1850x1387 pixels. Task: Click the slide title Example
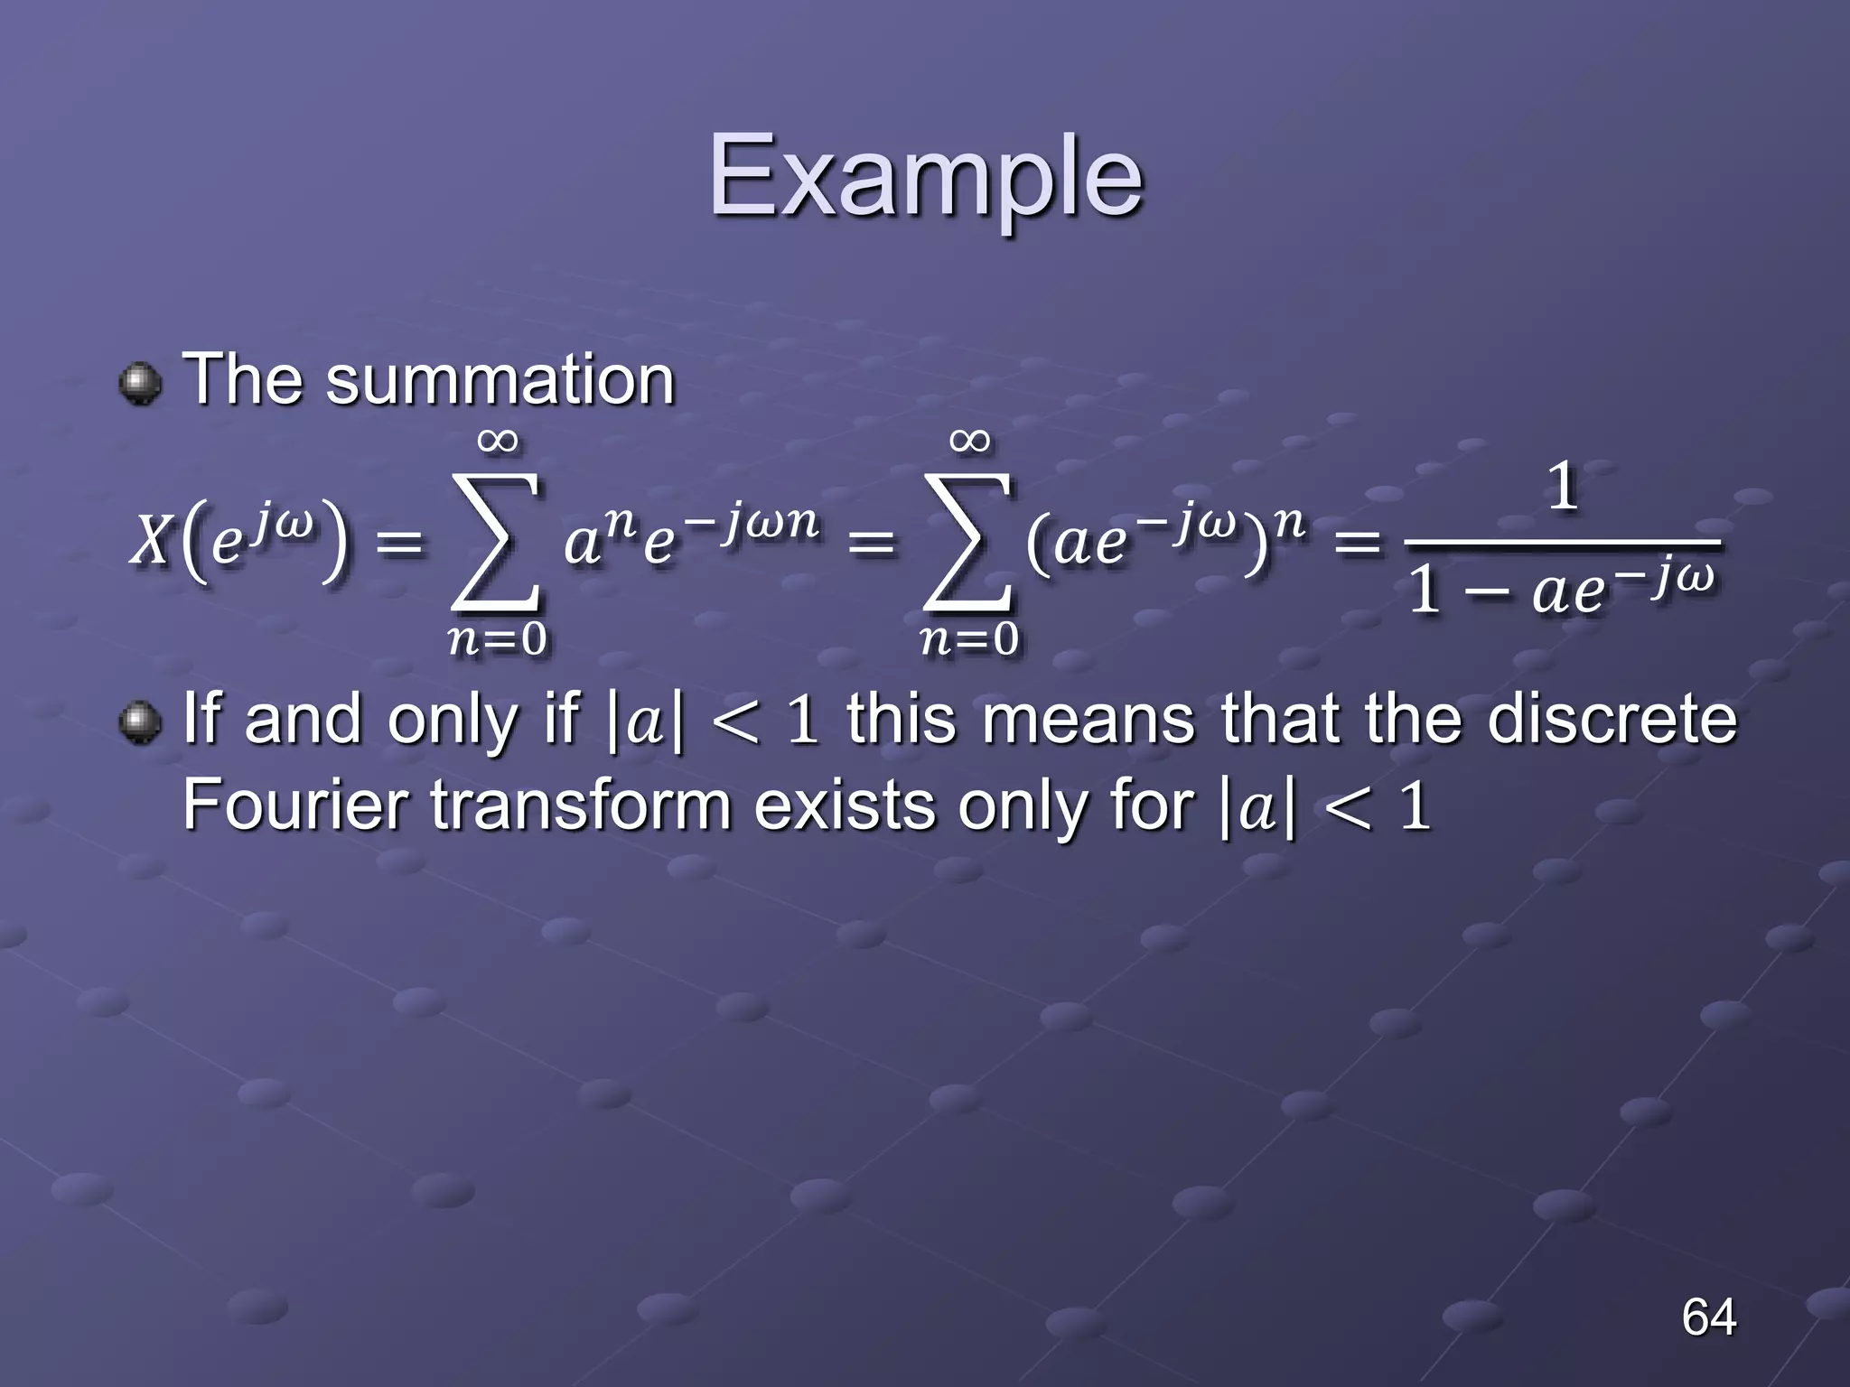925,177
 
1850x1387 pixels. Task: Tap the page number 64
1708,1317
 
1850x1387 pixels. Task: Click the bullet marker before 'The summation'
140,384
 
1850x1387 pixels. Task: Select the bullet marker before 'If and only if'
140,723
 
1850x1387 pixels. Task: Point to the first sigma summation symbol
497,542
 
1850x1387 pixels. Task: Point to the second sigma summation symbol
968,542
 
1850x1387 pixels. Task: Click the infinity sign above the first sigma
497,441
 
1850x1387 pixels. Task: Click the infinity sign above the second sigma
969,441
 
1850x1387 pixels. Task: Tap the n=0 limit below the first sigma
497,639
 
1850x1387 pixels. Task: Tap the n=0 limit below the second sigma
969,639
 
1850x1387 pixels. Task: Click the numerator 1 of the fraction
1563,488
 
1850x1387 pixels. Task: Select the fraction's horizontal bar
1563,542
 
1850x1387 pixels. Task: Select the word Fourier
294,805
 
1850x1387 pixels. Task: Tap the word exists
845,805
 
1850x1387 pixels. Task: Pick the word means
1089,720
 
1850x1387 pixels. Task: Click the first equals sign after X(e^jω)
398,544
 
